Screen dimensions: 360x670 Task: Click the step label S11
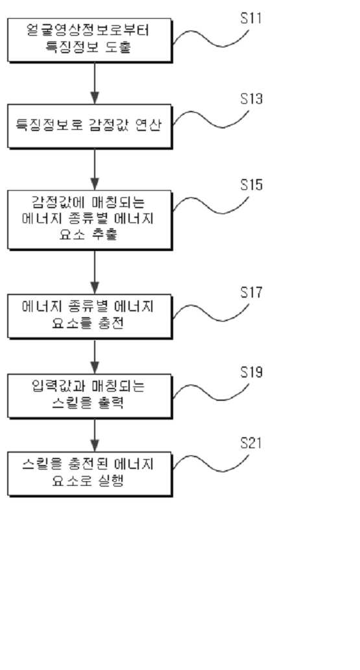(251, 19)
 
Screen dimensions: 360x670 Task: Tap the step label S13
(251, 99)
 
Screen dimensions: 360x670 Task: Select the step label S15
(251, 185)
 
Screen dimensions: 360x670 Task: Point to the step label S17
(251, 293)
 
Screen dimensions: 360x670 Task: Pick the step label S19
(251, 372)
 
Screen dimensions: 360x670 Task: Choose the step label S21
(251, 443)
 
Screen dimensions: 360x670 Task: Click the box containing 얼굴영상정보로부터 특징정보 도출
(90, 40)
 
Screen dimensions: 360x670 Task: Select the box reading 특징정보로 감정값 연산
(90, 126)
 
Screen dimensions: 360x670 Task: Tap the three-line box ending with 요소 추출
(90, 220)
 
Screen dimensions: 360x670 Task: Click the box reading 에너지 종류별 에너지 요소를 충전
(90, 317)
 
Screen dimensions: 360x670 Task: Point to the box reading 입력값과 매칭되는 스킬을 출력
(90, 396)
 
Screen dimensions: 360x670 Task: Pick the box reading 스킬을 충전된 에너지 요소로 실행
(90, 474)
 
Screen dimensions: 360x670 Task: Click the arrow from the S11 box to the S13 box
(95, 83)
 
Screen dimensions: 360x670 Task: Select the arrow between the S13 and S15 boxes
(95, 169)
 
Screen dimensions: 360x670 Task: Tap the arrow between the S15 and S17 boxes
(95, 272)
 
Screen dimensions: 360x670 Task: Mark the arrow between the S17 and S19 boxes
(95, 356)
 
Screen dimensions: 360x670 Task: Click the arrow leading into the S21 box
(95, 435)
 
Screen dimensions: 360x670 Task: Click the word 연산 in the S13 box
(150, 126)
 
